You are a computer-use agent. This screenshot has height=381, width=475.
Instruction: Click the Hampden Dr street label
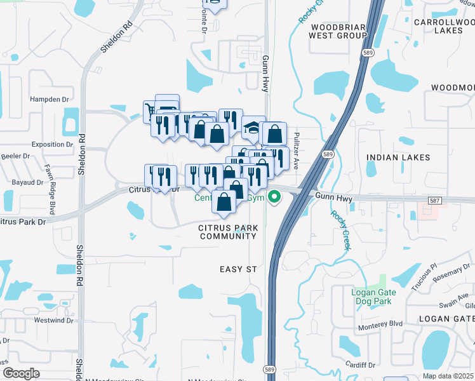point(49,100)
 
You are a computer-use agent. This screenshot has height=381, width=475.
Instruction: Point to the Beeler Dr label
point(15,156)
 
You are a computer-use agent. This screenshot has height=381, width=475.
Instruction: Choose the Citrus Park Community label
point(227,232)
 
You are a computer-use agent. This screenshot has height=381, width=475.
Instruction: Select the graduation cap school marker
point(253,126)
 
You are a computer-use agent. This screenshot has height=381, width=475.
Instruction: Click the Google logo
point(21,373)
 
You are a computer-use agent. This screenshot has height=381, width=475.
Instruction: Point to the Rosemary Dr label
point(452,273)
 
